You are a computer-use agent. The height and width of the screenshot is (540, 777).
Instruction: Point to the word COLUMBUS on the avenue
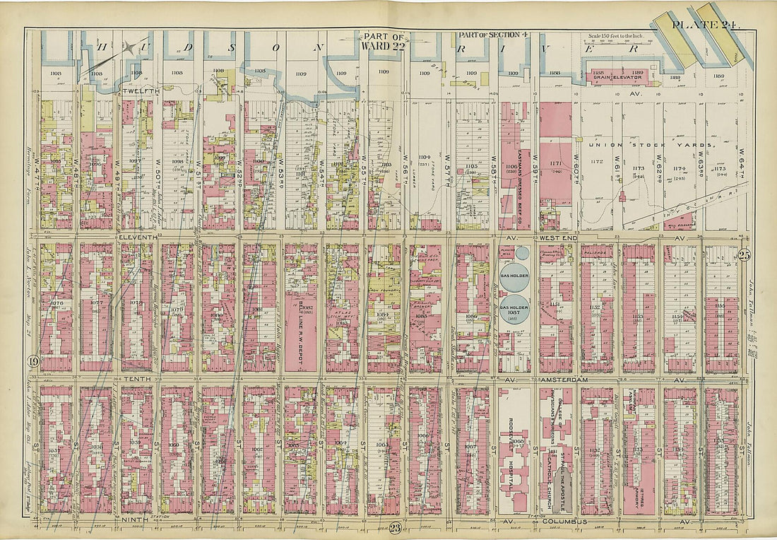(570, 522)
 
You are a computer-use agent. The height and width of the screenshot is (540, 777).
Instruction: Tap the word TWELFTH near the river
(141, 91)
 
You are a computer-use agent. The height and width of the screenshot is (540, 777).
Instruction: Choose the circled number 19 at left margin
(32, 363)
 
